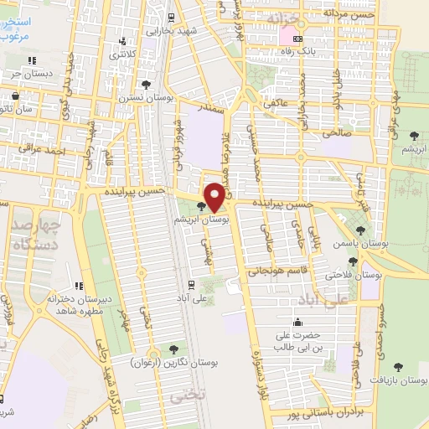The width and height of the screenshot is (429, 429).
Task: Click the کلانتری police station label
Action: click(122, 54)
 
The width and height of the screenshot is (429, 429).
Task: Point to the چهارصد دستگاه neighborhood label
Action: click(32, 234)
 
